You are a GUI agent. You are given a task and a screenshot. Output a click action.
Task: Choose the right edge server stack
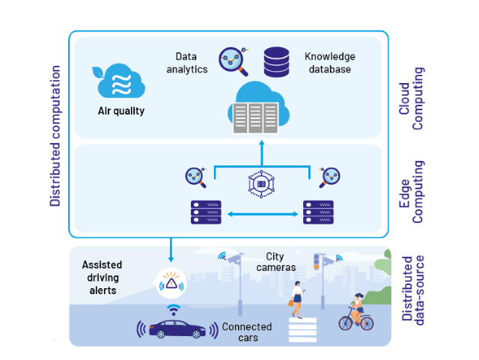[318, 212]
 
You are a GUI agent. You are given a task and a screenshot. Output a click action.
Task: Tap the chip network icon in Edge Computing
[261, 183]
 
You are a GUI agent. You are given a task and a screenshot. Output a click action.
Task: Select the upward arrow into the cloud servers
[261, 153]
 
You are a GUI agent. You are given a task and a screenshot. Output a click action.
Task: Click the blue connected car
[177, 329]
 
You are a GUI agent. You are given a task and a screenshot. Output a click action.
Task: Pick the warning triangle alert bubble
[171, 283]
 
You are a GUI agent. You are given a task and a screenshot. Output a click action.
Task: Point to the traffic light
[317, 262]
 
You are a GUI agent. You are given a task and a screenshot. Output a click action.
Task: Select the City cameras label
[279, 262]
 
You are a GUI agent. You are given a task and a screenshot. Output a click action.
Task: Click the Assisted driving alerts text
[102, 278]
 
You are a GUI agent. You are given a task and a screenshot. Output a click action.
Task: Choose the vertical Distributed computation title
[55, 135]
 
